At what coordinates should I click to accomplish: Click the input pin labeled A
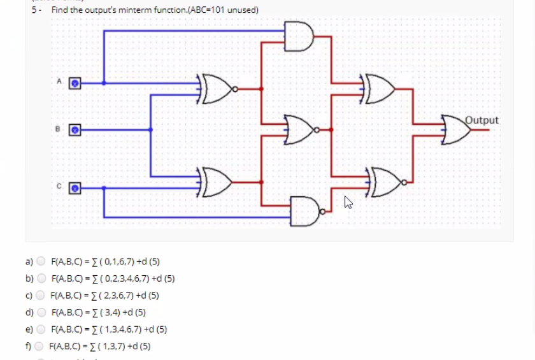point(75,83)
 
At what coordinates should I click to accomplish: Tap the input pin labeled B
point(75,129)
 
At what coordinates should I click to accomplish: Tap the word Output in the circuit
point(482,119)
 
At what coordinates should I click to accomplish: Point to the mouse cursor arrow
point(348,203)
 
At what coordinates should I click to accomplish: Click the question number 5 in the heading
point(34,10)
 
